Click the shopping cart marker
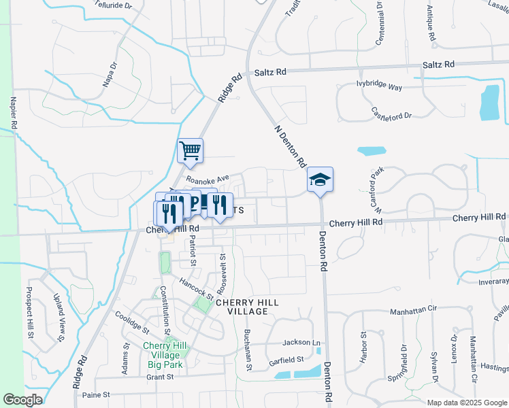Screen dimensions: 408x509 pos(191,151)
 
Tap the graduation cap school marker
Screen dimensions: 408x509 pos(320,180)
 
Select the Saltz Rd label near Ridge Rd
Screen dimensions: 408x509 pos(271,71)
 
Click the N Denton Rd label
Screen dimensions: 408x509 pos(289,146)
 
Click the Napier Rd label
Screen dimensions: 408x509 pos(13,113)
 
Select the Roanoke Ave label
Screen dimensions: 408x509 pos(210,179)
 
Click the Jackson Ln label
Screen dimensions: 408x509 pos(301,343)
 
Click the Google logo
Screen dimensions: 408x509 pos(22,400)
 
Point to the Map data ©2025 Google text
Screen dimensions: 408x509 pos(465,403)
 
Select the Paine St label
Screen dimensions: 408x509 pos(95,394)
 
